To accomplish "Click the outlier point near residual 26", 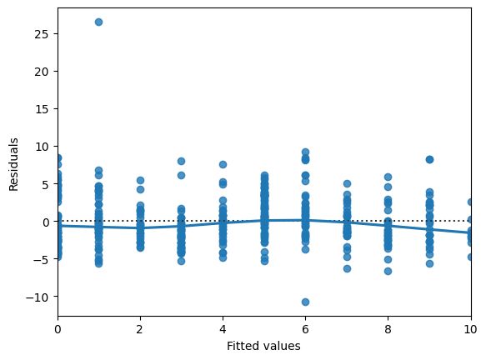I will click(x=98, y=22).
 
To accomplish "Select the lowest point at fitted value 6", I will click(x=305, y=302).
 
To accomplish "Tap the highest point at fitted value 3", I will click(x=181, y=161).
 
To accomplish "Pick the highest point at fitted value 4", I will click(x=223, y=165).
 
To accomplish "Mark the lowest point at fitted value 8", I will click(x=388, y=271).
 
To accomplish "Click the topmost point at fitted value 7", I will click(x=347, y=183).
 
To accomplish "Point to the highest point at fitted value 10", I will click(x=471, y=202).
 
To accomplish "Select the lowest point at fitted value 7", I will click(x=347, y=268).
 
